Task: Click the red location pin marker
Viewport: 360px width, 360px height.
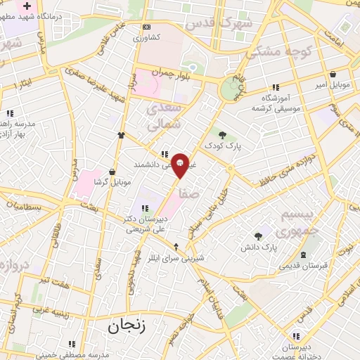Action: (180, 165)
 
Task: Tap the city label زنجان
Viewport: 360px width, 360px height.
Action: (127, 326)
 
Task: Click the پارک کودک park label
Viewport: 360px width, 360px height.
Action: (222, 146)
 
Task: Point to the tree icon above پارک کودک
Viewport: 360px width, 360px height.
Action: (222, 135)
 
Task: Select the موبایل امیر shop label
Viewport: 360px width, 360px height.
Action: (331, 84)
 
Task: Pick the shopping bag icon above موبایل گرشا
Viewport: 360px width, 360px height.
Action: (112, 172)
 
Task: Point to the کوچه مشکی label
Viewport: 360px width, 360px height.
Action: (275, 51)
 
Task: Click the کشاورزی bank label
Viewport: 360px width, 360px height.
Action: (147, 37)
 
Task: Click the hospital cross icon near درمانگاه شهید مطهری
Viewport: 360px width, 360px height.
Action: (27, 6)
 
